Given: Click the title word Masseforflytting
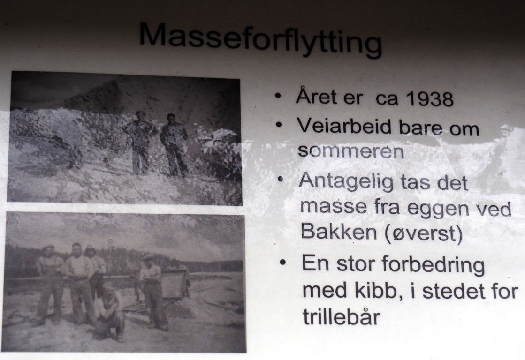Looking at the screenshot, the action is pos(260,39).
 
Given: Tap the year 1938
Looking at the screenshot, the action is pos(430,99).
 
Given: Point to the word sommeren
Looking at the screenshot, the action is pos(351,151).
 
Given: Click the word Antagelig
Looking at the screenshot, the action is pos(346,182).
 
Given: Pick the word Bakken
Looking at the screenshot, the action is pos(339,230).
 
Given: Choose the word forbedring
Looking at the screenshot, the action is pos(433,265).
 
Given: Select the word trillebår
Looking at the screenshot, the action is pos(342,316).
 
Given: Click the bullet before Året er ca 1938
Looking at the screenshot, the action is pos(278,96).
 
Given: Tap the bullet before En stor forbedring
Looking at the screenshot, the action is pos(283,262).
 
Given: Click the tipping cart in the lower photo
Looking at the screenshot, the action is pos(174,283).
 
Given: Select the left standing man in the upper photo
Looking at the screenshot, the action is pos(140,142).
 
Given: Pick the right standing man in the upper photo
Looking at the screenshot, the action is pos(174,144).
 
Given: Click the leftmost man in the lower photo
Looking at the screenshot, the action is pos(49,285).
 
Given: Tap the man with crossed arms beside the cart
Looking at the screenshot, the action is pos(152,291).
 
